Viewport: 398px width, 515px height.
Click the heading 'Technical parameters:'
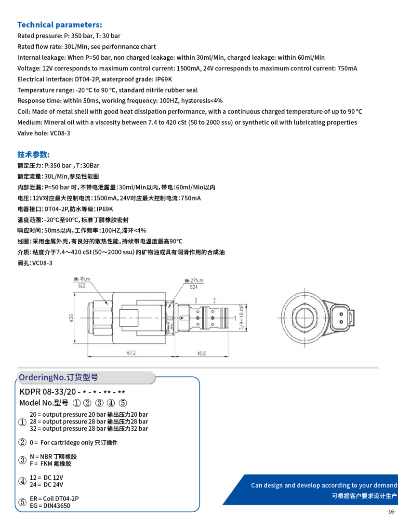pos(60,25)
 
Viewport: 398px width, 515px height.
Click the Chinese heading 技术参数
pos(34,154)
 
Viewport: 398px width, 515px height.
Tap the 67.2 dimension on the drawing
pos(131,353)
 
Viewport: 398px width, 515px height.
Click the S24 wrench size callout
pos(193,287)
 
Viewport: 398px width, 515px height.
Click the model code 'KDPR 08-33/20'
pos(47,391)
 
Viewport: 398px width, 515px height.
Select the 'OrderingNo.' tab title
pos(58,377)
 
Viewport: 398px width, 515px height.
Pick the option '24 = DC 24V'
pos(46,485)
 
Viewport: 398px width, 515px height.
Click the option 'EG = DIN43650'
pos(50,506)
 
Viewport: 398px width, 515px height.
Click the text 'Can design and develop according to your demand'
pos(324,485)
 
